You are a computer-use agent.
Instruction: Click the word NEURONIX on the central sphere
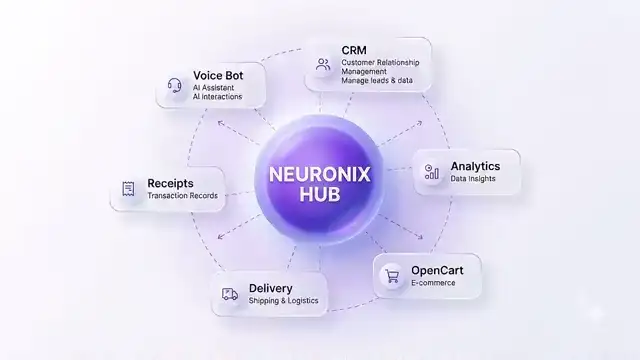coord(320,175)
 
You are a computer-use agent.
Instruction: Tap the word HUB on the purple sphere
coord(320,194)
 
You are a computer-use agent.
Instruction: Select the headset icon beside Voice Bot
coord(175,86)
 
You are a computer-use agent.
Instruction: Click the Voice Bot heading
coord(218,76)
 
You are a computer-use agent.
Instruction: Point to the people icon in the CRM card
coord(323,64)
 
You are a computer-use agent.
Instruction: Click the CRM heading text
coord(354,50)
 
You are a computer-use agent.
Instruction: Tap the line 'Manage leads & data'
coord(377,80)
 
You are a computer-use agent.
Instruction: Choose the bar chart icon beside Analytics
coord(431,172)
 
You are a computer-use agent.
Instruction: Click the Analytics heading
coord(475,166)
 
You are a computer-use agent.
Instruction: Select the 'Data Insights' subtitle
coord(473,179)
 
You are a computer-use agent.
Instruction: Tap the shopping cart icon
coord(392,276)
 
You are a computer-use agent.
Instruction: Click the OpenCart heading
coord(437,270)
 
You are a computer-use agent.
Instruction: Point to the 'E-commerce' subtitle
coord(433,283)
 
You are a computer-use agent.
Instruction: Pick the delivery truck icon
coord(230,294)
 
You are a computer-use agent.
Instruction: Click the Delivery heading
coord(271,288)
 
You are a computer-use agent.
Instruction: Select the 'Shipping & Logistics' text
coord(283,301)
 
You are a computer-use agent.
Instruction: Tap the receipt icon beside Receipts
coord(128,189)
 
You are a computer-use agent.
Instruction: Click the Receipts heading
coord(170,183)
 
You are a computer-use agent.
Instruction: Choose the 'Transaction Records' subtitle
coord(182,196)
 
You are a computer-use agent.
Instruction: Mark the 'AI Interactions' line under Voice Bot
coord(218,97)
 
